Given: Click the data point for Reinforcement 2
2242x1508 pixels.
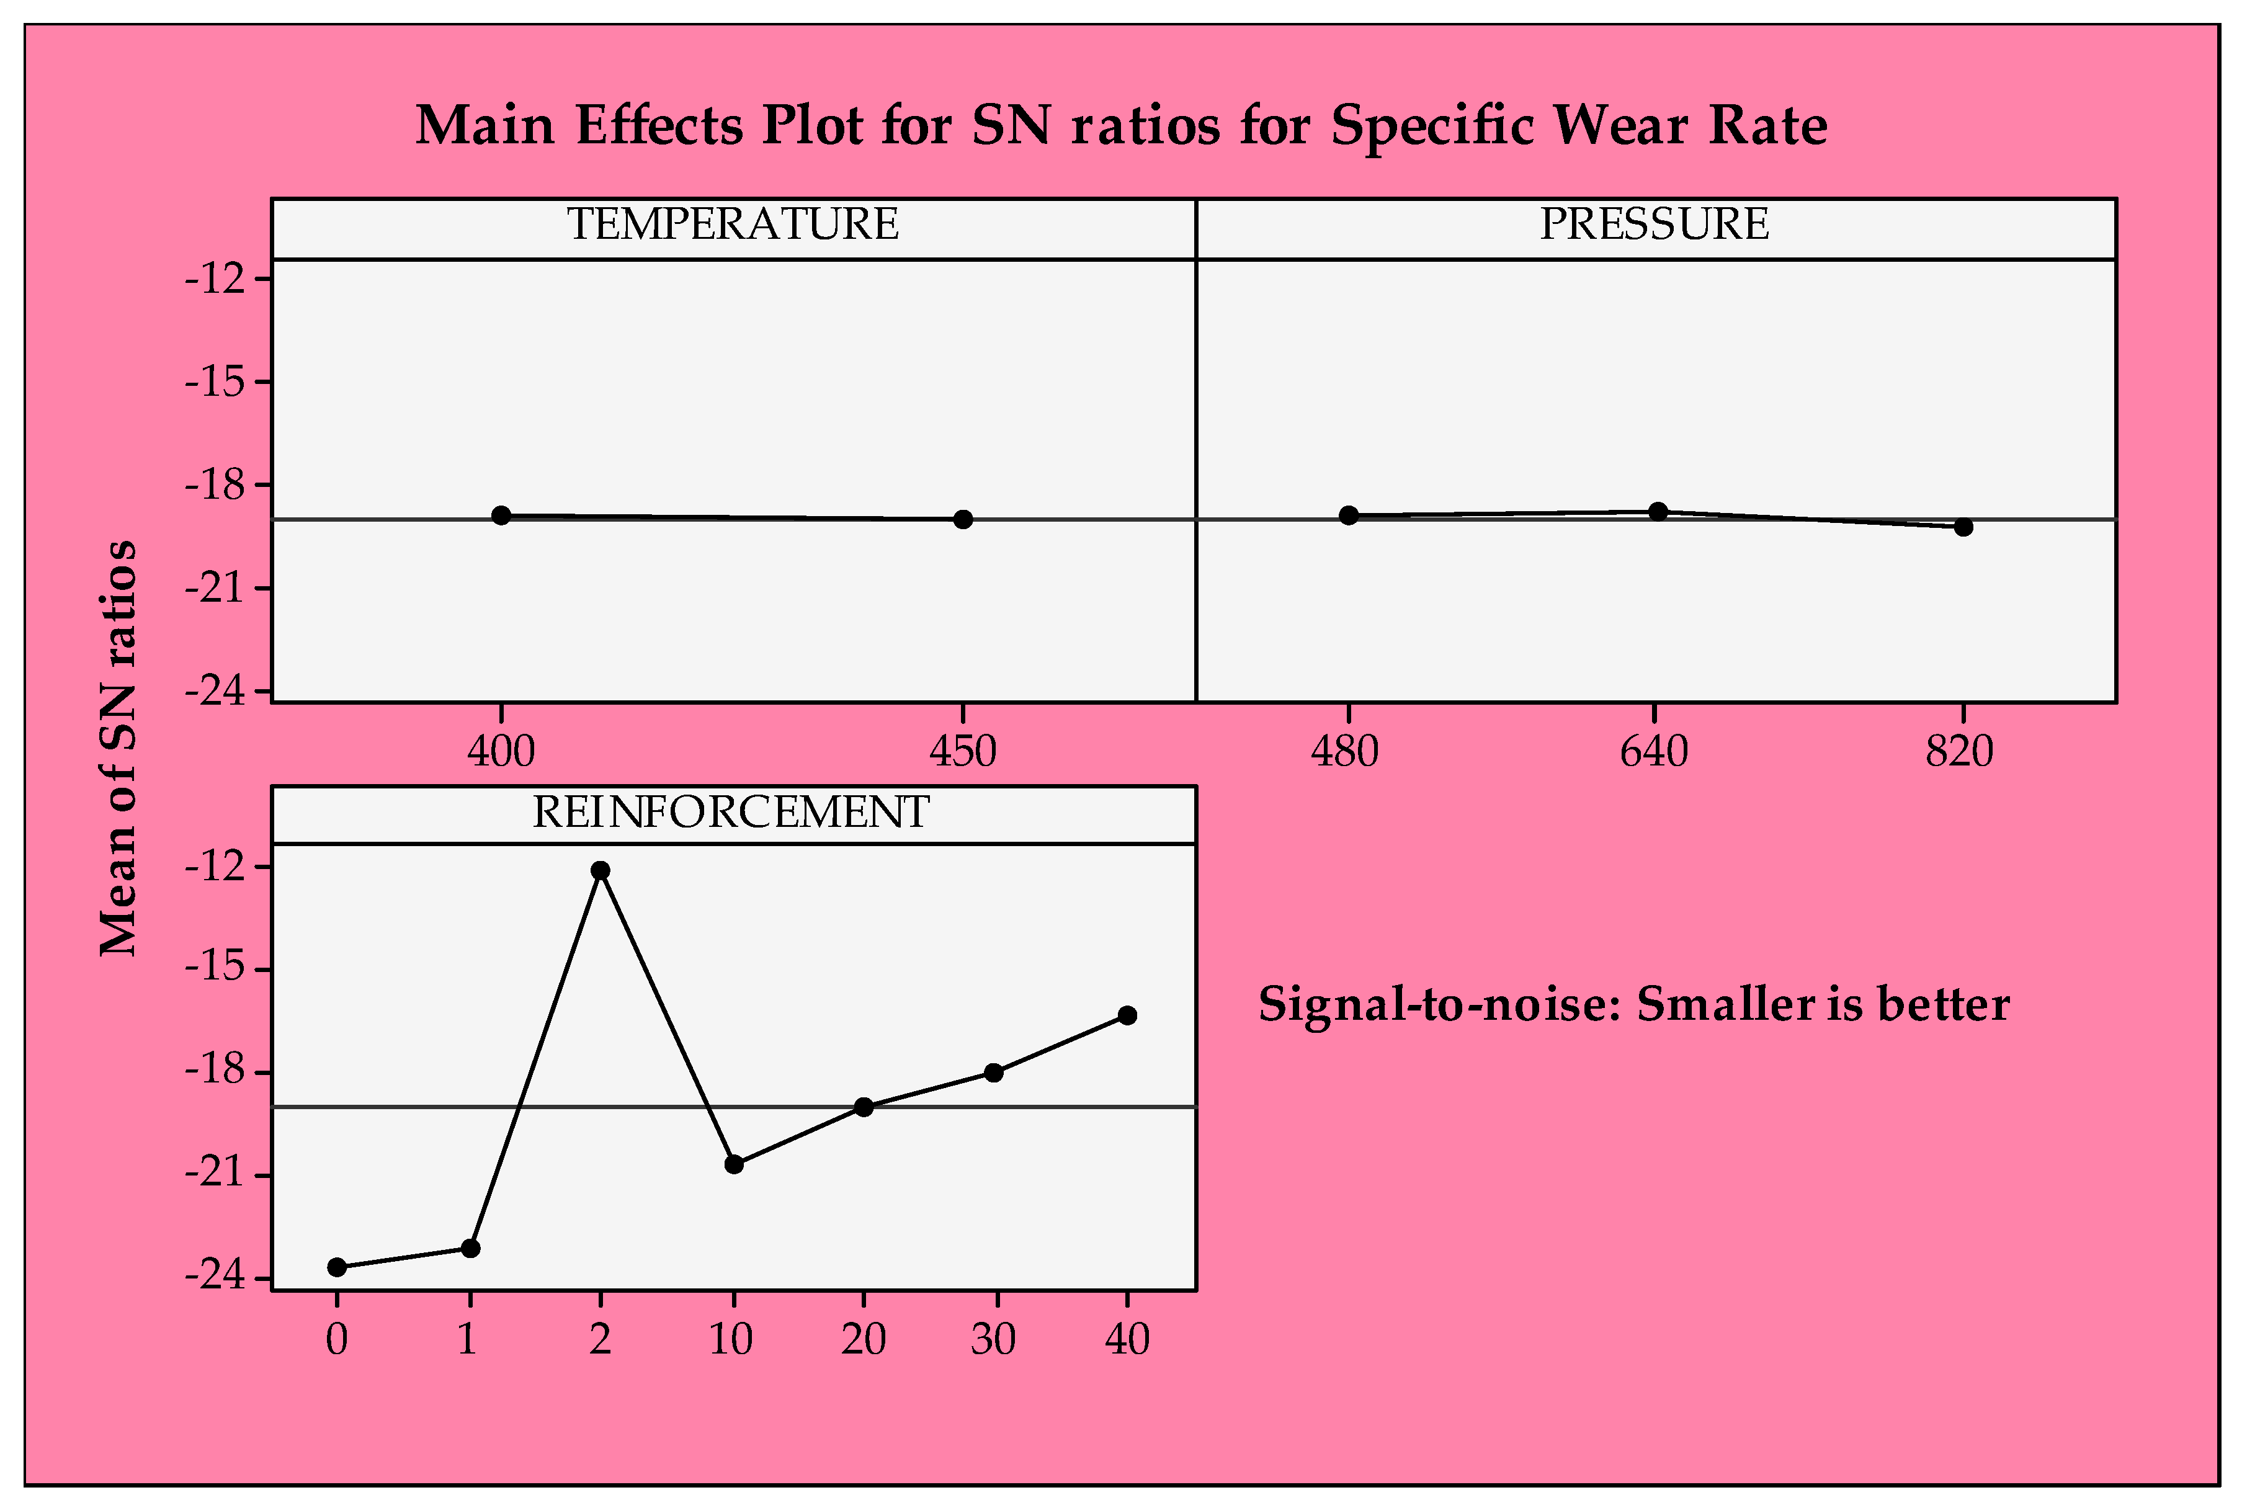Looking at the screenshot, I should [x=600, y=870].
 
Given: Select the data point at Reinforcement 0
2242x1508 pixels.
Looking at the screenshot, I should [x=337, y=1267].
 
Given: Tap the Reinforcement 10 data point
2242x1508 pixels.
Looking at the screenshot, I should [x=734, y=1165].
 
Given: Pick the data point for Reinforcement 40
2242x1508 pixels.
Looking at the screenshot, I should [x=1127, y=1015].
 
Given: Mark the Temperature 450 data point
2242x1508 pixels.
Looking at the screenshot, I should [x=963, y=519].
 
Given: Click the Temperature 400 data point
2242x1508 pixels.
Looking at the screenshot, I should [x=501, y=515].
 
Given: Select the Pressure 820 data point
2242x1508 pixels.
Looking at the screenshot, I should [x=1963, y=527].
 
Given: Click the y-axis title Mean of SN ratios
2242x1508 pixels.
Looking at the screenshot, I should [x=119, y=748].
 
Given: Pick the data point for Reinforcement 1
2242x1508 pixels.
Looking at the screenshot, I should [x=470, y=1248].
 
